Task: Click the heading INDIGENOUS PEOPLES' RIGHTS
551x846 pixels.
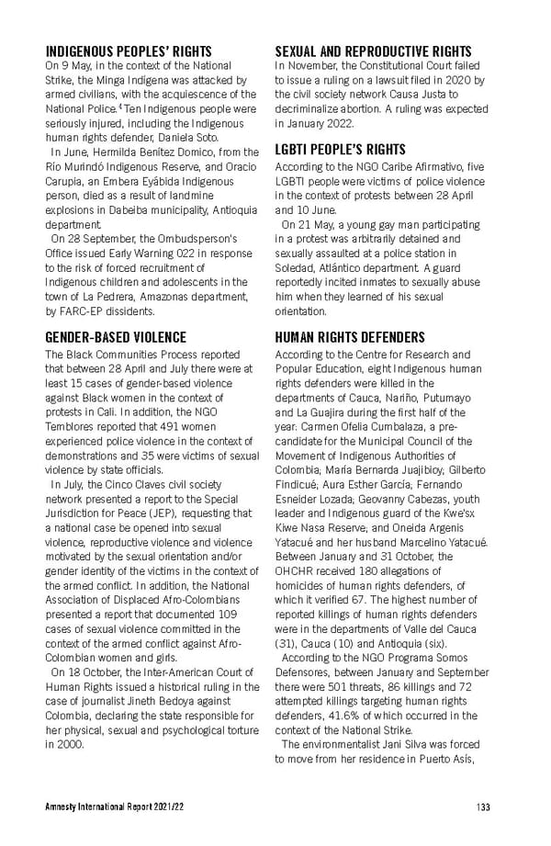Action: (128, 51)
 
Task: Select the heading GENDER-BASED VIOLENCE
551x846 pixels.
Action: (116, 338)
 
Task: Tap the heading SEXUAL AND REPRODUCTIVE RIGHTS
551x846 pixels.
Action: (374, 51)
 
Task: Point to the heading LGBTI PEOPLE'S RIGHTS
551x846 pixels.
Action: (341, 149)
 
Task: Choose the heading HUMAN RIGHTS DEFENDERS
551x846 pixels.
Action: (350, 338)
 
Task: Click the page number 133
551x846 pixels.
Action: (483, 807)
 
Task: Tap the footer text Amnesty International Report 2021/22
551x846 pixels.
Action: (108, 807)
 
